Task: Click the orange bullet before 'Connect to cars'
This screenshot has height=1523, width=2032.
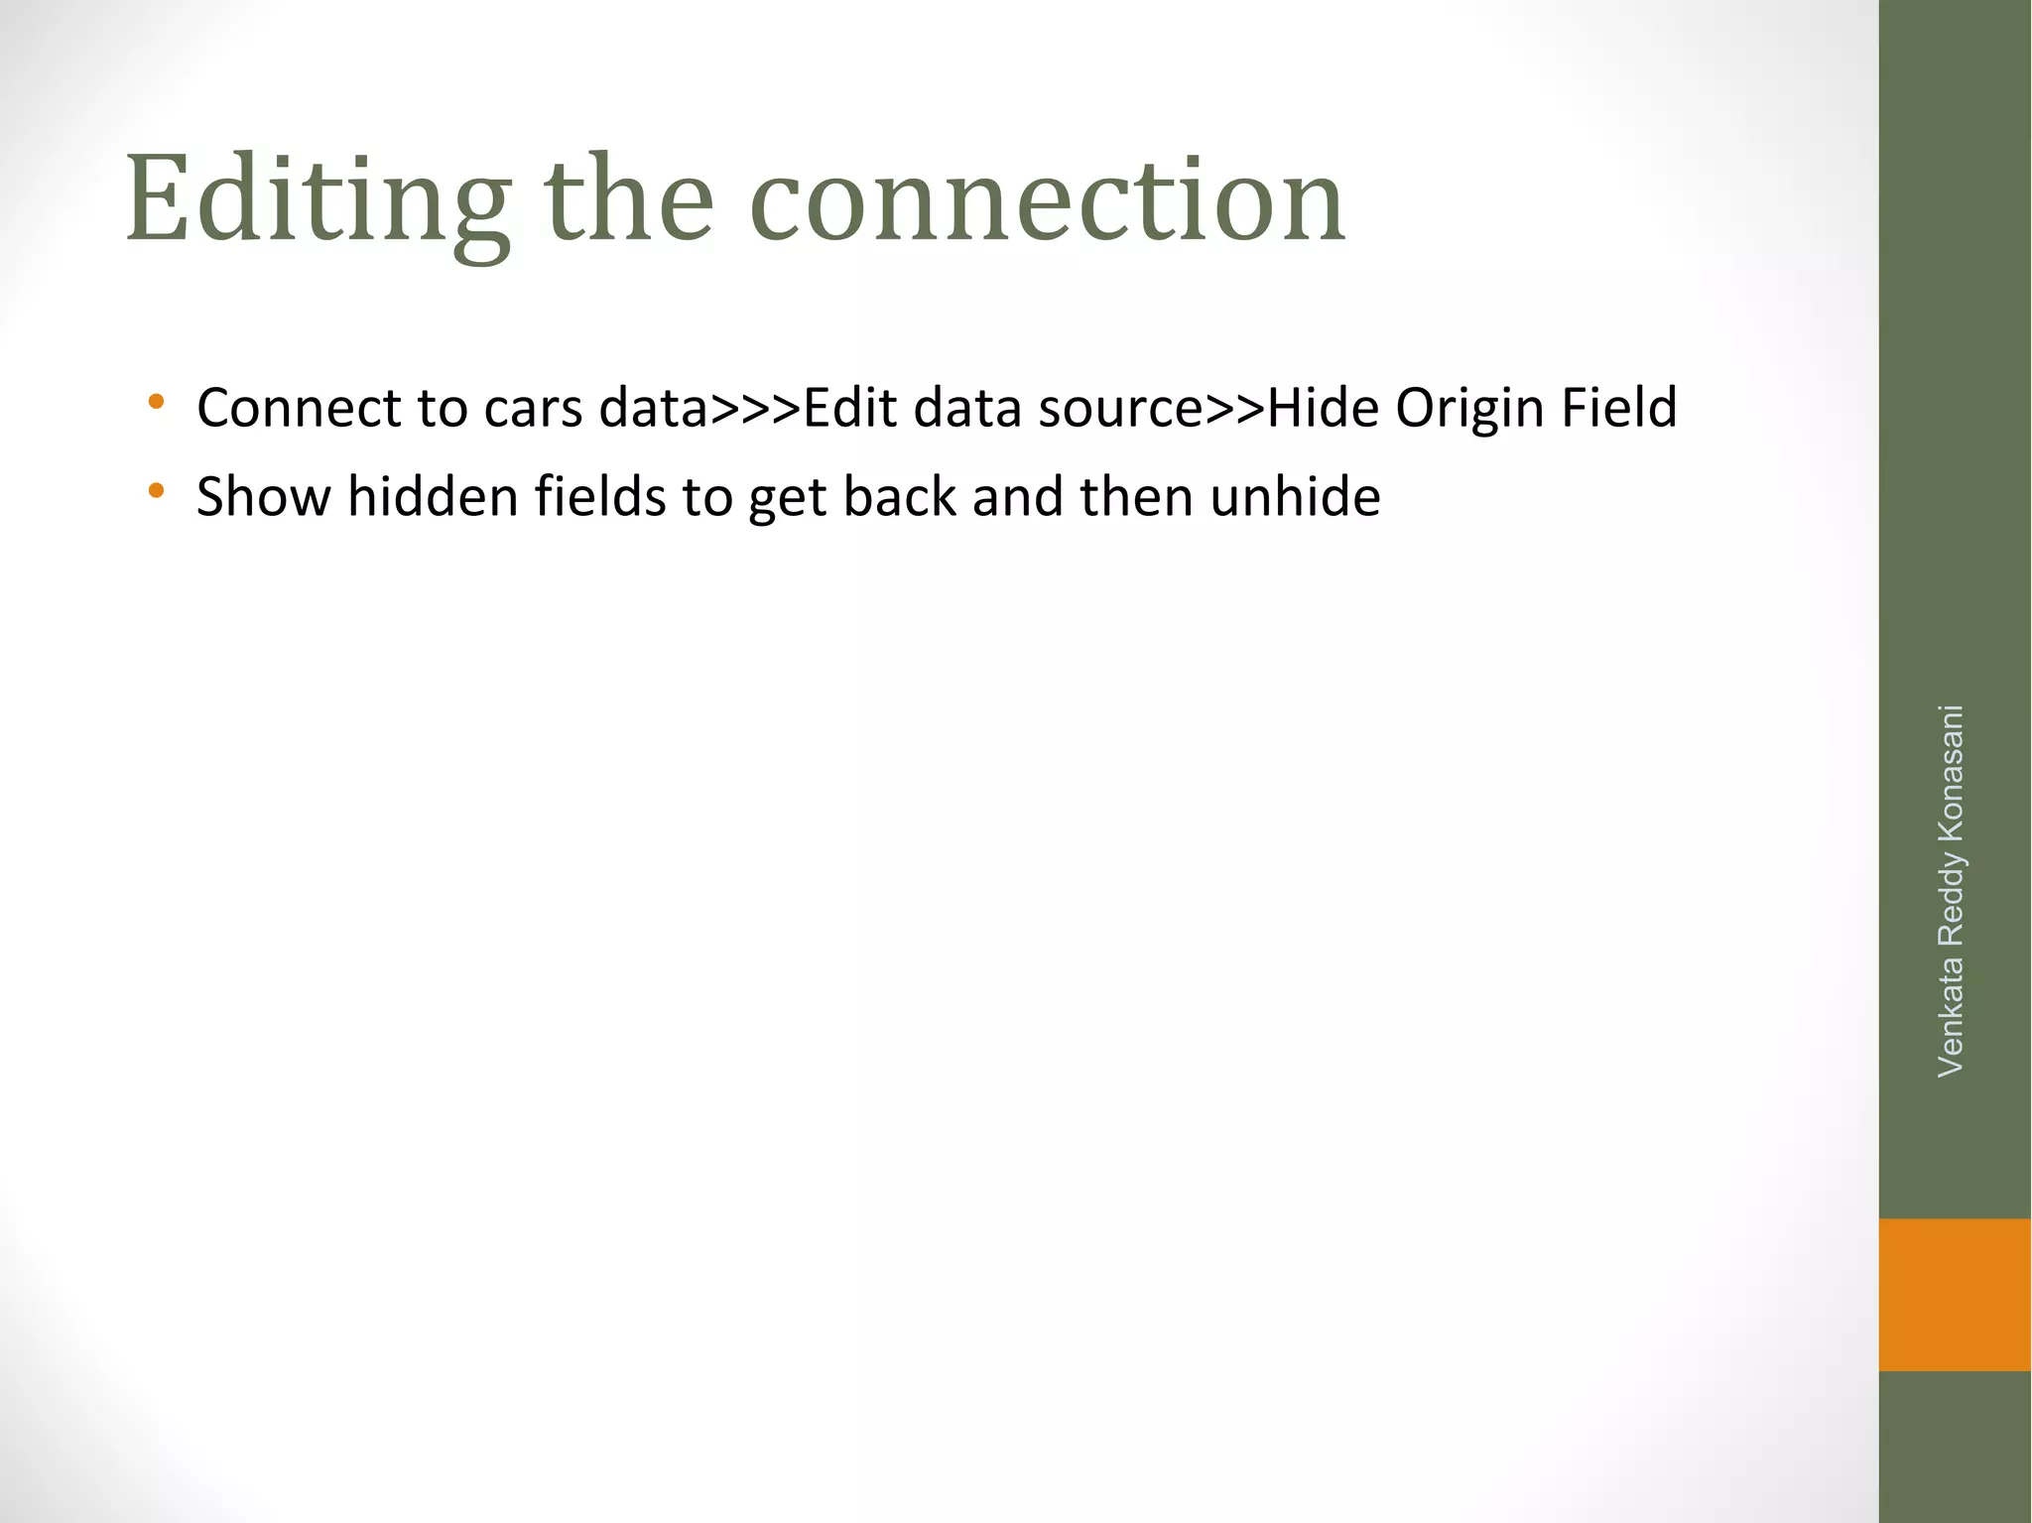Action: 156,403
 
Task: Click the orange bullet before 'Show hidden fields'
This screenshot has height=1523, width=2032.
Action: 156,490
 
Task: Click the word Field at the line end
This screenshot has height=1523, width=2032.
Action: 1618,408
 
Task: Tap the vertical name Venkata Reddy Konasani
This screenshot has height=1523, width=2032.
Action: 1951,890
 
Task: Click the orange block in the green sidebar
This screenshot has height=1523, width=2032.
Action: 1954,1294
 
